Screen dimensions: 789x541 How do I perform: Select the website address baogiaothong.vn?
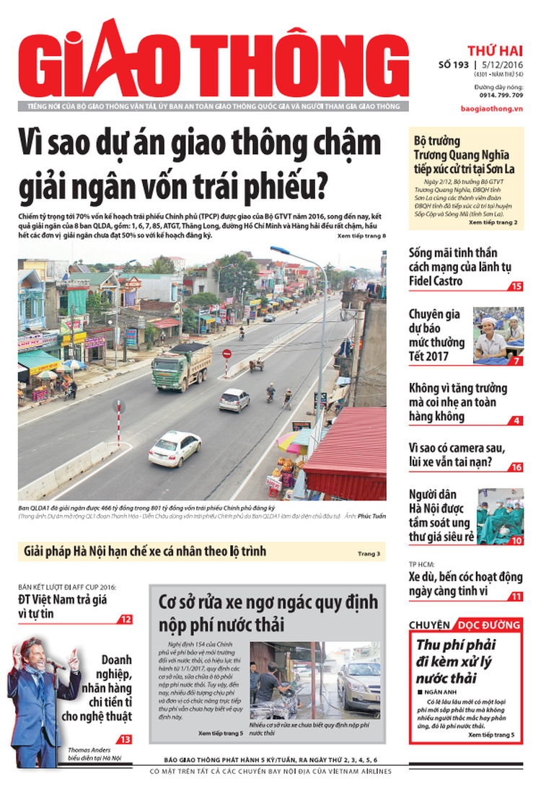[x=491, y=108]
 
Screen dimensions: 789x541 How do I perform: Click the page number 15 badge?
[x=516, y=286]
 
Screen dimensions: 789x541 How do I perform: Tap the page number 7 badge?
[x=517, y=361]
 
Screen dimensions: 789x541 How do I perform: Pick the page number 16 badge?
[x=516, y=467]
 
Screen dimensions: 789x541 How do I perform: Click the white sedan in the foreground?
[x=175, y=448]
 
